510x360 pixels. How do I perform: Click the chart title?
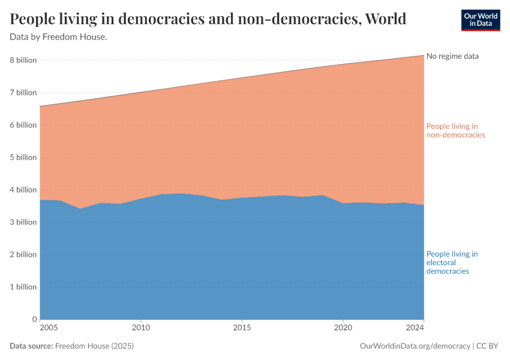click(x=208, y=19)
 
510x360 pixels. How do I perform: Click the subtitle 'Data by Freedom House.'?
click(x=58, y=37)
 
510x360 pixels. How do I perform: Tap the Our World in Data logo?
click(x=480, y=20)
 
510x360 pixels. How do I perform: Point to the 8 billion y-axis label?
click(x=23, y=60)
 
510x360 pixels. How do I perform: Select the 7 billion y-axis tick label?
click(x=23, y=92)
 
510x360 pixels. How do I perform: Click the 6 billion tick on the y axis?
click(x=23, y=125)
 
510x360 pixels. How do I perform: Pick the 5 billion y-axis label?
click(x=23, y=157)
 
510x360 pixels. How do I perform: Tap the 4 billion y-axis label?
click(x=23, y=190)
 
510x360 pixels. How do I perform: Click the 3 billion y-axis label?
click(x=23, y=222)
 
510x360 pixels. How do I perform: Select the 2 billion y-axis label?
click(x=23, y=254)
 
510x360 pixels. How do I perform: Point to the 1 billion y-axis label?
click(x=23, y=287)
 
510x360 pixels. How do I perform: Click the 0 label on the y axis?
click(x=34, y=319)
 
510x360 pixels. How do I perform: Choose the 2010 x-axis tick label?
click(x=140, y=328)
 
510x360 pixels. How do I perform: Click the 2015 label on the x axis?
click(x=242, y=328)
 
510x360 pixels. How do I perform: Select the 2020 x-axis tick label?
click(x=343, y=328)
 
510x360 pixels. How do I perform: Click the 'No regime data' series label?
click(x=452, y=56)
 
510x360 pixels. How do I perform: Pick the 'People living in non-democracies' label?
click(x=455, y=130)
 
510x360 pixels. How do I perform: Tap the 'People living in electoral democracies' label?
click(x=452, y=263)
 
